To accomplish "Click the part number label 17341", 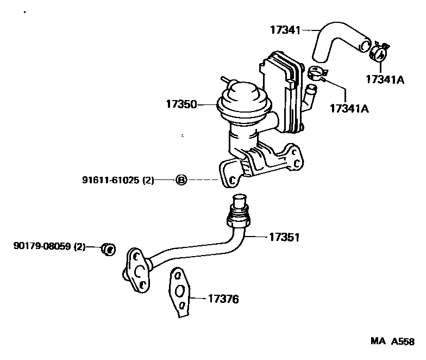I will click(285, 30).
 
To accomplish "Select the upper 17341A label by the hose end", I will click(385, 79).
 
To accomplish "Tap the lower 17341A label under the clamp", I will click(349, 108).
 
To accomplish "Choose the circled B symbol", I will click(181, 179).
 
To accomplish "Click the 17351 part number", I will click(284, 237).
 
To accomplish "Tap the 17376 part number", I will click(223, 299).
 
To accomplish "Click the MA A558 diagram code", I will click(393, 342).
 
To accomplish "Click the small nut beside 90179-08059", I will click(108, 250).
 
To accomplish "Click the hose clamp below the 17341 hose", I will click(315, 73).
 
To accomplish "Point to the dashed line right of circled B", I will click(204, 179).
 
